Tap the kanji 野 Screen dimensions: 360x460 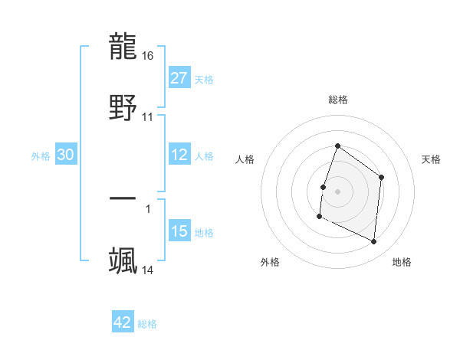(x=123, y=107)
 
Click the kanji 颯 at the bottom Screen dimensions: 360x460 (x=123, y=260)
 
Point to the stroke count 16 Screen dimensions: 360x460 (x=149, y=56)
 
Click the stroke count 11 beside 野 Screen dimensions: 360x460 (x=148, y=117)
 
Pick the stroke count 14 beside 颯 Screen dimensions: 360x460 (x=148, y=270)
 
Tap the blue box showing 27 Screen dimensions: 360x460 (x=179, y=77)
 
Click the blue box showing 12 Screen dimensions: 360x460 (x=179, y=155)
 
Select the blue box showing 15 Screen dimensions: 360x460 (x=179, y=231)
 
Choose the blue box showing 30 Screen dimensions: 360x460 (x=66, y=155)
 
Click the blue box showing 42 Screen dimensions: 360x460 (x=123, y=322)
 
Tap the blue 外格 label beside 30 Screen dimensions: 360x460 (x=41, y=155)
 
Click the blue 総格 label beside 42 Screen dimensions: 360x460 (x=147, y=324)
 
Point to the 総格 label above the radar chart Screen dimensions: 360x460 (x=337, y=100)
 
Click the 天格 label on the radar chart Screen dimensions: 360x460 (x=432, y=159)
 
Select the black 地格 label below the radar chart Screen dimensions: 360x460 (x=402, y=263)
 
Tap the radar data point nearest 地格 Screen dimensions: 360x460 (x=374, y=242)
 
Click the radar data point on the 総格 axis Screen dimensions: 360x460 (x=337, y=146)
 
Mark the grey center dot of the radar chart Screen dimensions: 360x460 (x=337, y=190)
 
